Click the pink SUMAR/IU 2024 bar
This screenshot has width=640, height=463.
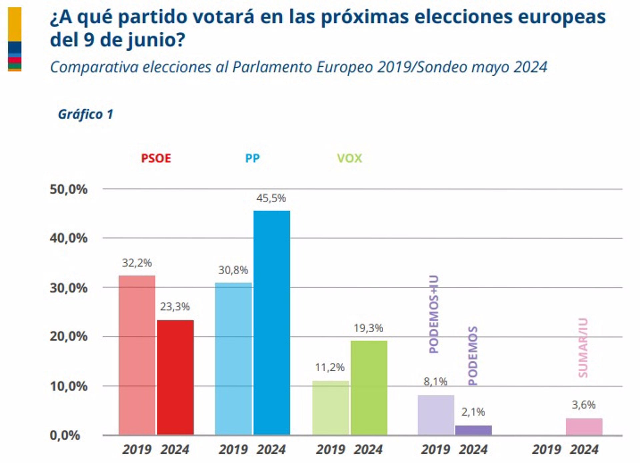pyautogui.click(x=584, y=427)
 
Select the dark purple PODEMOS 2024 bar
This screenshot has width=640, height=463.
pyautogui.click(x=473, y=430)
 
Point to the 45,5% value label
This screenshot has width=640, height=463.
pyautogui.click(x=271, y=198)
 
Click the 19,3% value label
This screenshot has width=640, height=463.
pyautogui.click(x=368, y=328)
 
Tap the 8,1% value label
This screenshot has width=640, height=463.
pyautogui.click(x=435, y=382)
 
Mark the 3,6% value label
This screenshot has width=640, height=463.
pyautogui.click(x=584, y=405)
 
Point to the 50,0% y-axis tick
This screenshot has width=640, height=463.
pyautogui.click(x=69, y=189)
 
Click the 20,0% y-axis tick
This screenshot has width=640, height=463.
pyautogui.click(x=69, y=336)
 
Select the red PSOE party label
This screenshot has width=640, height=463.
pyautogui.click(x=156, y=158)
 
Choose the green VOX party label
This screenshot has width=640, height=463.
pyautogui.click(x=349, y=158)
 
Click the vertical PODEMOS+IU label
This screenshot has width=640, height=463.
pyautogui.click(x=434, y=314)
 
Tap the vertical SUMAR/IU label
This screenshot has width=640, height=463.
pyautogui.click(x=583, y=348)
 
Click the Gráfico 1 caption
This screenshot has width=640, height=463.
pyautogui.click(x=86, y=114)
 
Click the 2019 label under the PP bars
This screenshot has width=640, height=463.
pyautogui.click(x=233, y=450)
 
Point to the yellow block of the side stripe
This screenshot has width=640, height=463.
pyautogui.click(x=15, y=24)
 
